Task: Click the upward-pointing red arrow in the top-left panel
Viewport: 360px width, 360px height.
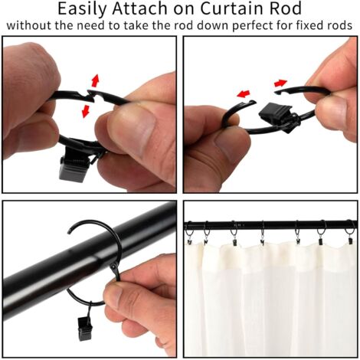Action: click(95, 80)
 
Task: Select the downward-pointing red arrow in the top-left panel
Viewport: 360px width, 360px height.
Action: click(86, 111)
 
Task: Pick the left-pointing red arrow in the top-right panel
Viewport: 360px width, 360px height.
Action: click(243, 93)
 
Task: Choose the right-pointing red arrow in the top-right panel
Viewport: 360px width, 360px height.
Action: click(280, 83)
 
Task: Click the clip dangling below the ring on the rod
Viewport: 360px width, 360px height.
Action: click(84, 326)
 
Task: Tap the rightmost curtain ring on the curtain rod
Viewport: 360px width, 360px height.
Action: click(350, 231)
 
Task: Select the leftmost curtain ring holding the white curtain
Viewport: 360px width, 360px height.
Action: click(189, 233)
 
